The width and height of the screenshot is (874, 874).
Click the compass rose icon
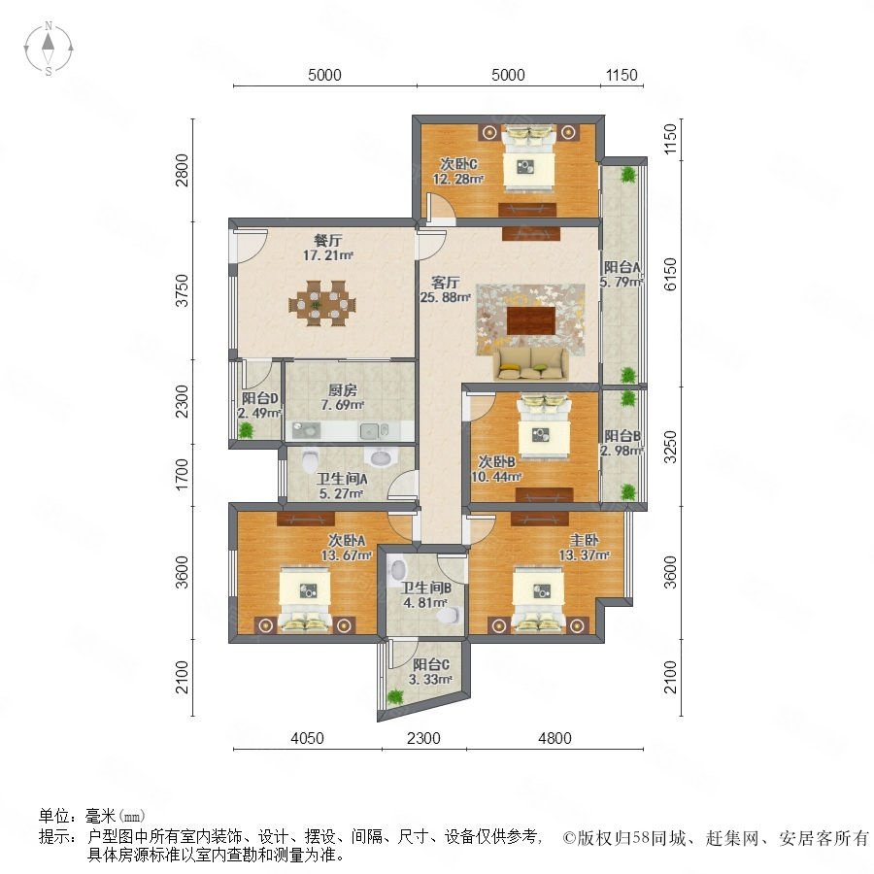coord(49,49)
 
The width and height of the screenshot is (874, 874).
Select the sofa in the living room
coord(530,363)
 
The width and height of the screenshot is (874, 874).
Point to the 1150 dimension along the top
coord(621,75)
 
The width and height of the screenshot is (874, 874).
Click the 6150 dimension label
coord(670,274)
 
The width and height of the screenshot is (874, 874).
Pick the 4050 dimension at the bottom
coord(307,738)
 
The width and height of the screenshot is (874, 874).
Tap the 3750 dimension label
coord(183,290)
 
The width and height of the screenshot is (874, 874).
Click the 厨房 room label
coord(342,390)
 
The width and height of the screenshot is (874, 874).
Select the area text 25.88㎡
coord(446,297)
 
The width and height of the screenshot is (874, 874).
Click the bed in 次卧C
coord(528,158)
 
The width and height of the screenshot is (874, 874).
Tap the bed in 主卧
coord(538,600)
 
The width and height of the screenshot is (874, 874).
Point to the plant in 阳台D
coord(246,429)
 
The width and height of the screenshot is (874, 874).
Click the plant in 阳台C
coord(395,696)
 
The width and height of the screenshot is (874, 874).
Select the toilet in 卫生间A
coord(310,460)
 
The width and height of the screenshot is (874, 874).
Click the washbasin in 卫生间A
coord(381,456)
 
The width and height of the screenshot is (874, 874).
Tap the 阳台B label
coord(622,435)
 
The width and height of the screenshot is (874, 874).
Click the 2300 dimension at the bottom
coord(423,738)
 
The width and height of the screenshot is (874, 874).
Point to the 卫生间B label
coord(426,588)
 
